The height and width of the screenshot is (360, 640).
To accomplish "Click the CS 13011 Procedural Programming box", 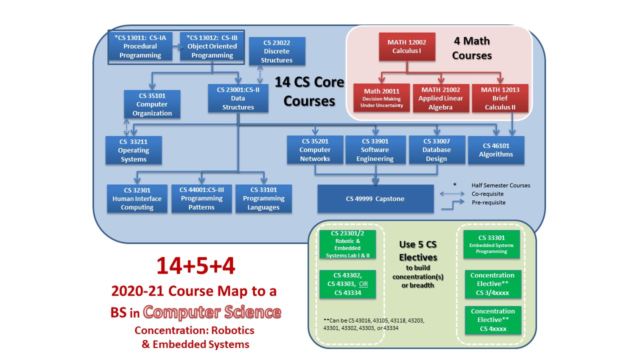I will tap(140, 46).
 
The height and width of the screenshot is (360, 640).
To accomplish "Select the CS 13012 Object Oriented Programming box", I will tap(212, 46).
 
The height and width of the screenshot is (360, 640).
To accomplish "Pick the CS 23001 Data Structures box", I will tap(238, 98).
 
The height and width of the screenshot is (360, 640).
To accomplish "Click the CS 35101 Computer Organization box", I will tap(152, 104).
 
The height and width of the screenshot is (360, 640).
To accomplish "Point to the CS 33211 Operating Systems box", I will tap(133, 150).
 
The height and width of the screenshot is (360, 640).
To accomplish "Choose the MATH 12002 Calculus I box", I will tap(406, 46).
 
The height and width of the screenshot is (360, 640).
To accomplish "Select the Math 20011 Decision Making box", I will tap(381, 97).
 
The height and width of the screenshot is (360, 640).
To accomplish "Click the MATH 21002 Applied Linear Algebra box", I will tap(440, 97).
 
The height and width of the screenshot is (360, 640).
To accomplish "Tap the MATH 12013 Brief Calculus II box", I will tap(500, 98).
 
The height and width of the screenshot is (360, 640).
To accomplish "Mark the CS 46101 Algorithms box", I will tap(496, 150).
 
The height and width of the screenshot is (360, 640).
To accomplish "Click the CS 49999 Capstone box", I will tap(375, 198).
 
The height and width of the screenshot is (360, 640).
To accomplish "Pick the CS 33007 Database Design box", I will tap(437, 150).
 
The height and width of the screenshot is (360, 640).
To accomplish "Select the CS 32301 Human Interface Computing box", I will tap(137, 198).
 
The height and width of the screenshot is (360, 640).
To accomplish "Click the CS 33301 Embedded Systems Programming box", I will tap(491, 244).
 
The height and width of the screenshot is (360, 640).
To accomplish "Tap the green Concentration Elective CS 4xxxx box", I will tap(492, 320).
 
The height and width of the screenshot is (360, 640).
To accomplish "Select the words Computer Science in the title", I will tap(212, 312).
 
